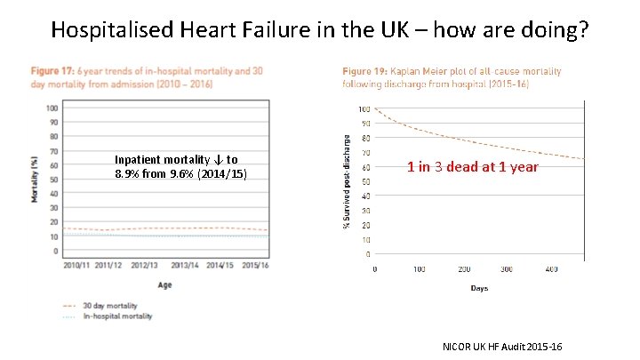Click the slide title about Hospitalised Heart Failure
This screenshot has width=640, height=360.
319,29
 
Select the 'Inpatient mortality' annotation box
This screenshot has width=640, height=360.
180,166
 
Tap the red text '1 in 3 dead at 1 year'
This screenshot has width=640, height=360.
472,166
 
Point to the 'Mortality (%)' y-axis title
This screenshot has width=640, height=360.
36,180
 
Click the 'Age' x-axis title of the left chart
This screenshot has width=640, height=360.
164,284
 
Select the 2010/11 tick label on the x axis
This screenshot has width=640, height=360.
76,265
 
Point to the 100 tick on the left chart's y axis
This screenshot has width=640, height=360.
52,108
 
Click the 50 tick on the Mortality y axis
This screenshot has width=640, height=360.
53,180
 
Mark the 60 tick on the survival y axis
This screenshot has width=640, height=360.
364,167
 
